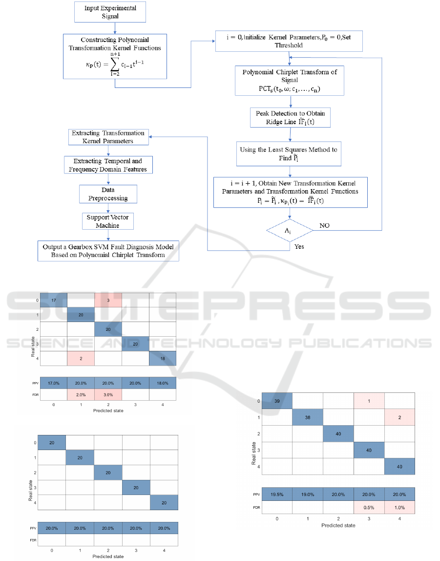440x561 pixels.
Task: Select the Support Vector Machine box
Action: click(107, 221)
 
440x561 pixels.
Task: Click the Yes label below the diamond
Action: click(299, 246)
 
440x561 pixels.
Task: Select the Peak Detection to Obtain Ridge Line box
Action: click(290, 117)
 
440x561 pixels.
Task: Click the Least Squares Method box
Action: click(288, 153)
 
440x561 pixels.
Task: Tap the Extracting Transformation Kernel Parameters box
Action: click(108, 137)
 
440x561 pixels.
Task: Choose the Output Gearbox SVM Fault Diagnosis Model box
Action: click(108, 250)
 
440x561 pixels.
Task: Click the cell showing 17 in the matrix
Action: click(53, 301)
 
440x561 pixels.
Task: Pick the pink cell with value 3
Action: click(107, 301)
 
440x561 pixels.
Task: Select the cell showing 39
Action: click(277, 401)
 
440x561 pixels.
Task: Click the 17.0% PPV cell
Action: click(53, 383)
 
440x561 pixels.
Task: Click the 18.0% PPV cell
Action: click(162, 383)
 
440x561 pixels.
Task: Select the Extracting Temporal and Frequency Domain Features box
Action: click(108, 165)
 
